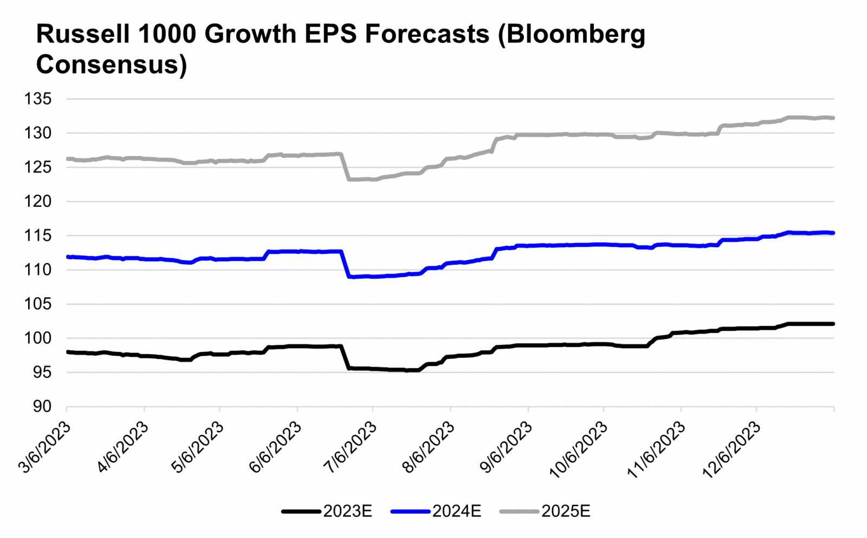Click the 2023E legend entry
click(x=347, y=511)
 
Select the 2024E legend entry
click(x=456, y=511)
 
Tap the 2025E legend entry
click(x=566, y=511)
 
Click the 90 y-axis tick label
click(x=42, y=406)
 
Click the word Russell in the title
click(x=82, y=34)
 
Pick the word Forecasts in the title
click(x=427, y=34)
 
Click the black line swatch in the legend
click(x=301, y=511)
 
